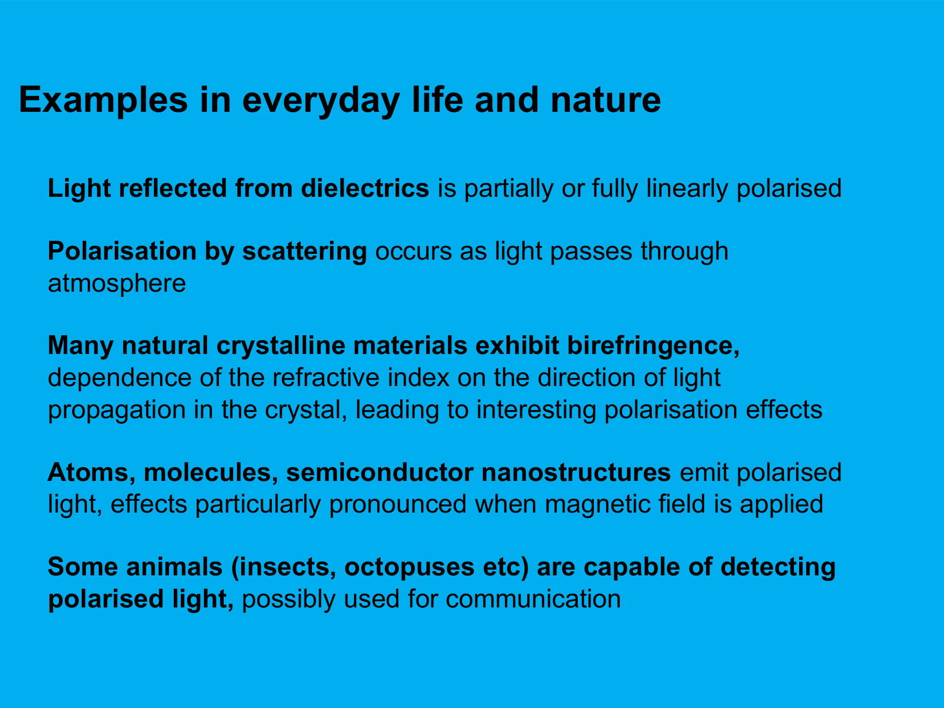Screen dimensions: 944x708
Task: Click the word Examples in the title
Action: pyautogui.click(x=103, y=101)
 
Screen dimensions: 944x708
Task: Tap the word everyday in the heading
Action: pyautogui.click(x=321, y=101)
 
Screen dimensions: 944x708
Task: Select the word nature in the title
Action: pyautogui.click(x=606, y=101)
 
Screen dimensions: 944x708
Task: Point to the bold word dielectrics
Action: pyautogui.click(x=365, y=188)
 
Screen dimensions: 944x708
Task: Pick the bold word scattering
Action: pyautogui.click(x=304, y=251)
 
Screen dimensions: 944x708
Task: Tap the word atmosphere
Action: pyautogui.click(x=117, y=283)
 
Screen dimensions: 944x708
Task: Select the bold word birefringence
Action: pyautogui.click(x=653, y=346)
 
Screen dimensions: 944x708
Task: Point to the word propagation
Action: pyautogui.click(x=117, y=409)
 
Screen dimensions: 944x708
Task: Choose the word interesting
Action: pyautogui.click(x=537, y=409)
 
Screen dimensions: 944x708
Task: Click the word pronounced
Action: pyautogui.click(x=398, y=504)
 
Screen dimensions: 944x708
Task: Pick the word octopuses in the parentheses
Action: pyautogui.click(x=409, y=567)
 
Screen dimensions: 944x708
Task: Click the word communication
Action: pyautogui.click(x=533, y=599)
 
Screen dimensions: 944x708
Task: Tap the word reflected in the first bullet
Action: pyautogui.click(x=173, y=188)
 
